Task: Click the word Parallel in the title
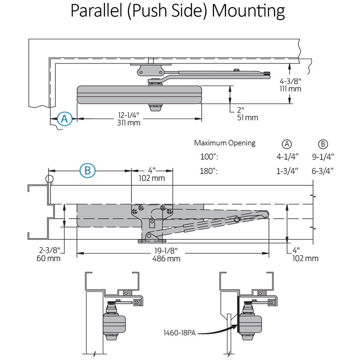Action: coord(96,10)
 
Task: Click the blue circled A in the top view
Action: coord(64,119)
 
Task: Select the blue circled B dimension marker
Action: coord(87,171)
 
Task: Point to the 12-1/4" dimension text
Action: coord(129,115)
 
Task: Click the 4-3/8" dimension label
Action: coord(290,81)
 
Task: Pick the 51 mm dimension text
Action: coord(247,117)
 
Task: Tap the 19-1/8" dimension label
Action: coord(166,251)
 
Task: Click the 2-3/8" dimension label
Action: coord(49,250)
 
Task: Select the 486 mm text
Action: coord(166,259)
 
